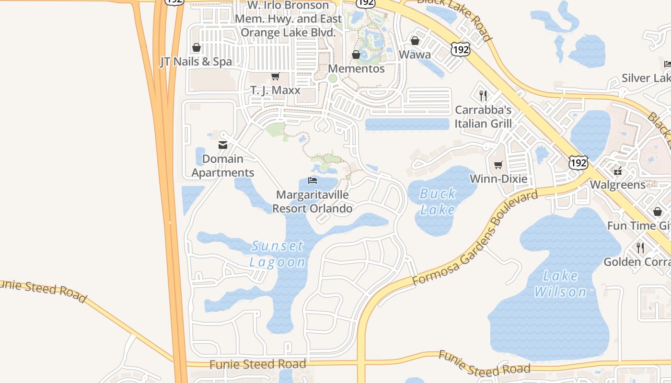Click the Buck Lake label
438,202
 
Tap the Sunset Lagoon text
277,254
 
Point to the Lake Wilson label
560,283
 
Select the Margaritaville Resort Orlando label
312,202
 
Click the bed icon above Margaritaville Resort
312,180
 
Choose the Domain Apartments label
223,166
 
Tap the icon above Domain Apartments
223,145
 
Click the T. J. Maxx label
276,90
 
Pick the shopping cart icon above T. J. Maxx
276,77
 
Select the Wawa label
415,55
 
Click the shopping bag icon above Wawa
415,41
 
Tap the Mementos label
356,68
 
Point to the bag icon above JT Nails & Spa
196,47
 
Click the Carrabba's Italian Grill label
483,117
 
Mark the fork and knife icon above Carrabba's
483,96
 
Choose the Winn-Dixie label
498,179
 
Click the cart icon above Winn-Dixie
498,165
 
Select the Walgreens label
618,185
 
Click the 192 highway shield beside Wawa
460,49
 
